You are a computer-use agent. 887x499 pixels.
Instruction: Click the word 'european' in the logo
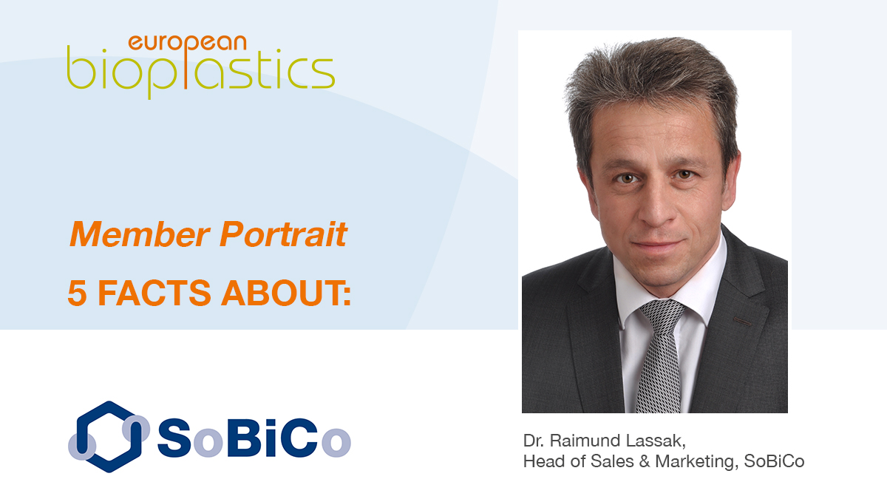click(x=187, y=44)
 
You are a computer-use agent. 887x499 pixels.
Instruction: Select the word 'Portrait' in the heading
click(x=284, y=234)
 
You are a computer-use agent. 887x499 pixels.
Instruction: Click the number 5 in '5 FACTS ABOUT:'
click(x=77, y=293)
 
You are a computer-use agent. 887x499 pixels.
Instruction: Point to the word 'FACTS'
click(x=154, y=293)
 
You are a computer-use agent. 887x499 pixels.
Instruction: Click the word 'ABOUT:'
click(x=286, y=293)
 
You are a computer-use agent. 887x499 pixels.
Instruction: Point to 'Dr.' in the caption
click(x=534, y=441)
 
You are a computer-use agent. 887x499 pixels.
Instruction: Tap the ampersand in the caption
click(x=645, y=461)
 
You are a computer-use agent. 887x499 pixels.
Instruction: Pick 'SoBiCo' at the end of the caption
click(x=774, y=461)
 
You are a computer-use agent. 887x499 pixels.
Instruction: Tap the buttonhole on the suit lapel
click(x=742, y=321)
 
